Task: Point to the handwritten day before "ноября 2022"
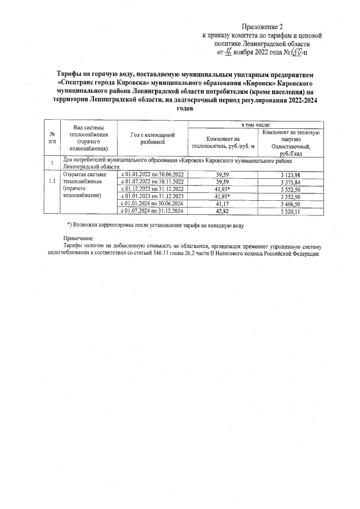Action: pyautogui.click(x=229, y=52)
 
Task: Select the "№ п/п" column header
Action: pyautogui.click(x=52, y=139)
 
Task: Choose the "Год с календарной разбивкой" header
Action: pyautogui.click(x=152, y=139)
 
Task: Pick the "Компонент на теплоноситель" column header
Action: pyautogui.click(x=223, y=142)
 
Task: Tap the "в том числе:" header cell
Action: pyautogui.click(x=256, y=124)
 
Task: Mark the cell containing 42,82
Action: pyautogui.click(x=223, y=210)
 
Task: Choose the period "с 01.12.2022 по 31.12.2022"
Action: pyautogui.click(x=152, y=189)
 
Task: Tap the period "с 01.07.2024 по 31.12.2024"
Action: pyautogui.click(x=152, y=210)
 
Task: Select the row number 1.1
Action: pyautogui.click(x=52, y=182)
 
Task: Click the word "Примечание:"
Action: pyautogui.click(x=78, y=239)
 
